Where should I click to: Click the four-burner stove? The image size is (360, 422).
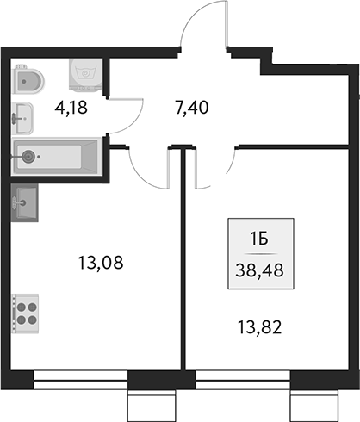(x=26, y=311)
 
